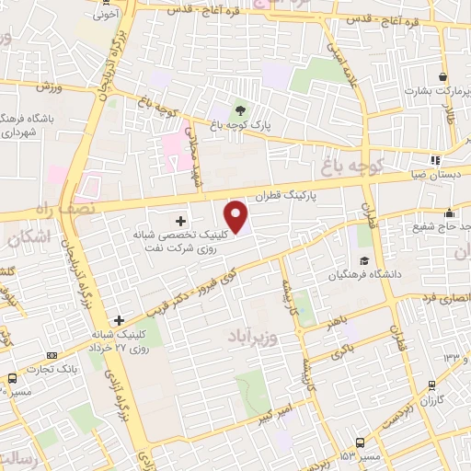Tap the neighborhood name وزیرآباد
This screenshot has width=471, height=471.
coord(248,338)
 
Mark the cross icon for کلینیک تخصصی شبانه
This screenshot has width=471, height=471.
coord(180,221)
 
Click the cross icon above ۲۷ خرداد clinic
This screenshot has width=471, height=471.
coord(118,320)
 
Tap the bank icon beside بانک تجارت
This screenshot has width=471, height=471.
coord(51,354)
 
